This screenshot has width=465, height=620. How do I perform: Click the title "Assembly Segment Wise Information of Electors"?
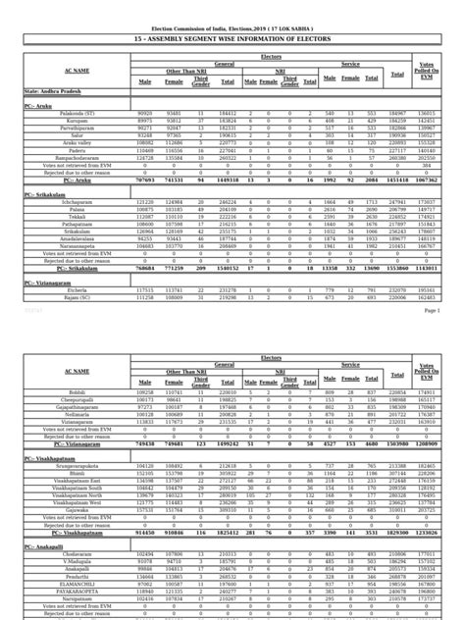pyautogui.click(x=232, y=38)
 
